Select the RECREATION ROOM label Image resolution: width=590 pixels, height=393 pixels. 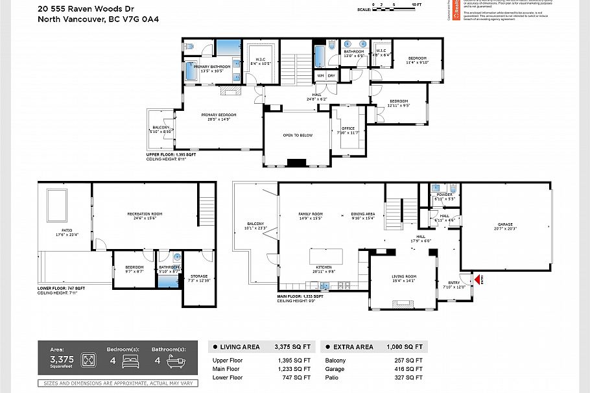pyautogui.click(x=144, y=215)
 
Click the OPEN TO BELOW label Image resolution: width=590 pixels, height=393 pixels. pyautogui.click(x=298, y=135)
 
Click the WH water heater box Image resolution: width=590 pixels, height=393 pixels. pyautogui.click(x=320, y=76)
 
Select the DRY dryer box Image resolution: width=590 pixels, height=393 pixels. pyautogui.click(x=331, y=76)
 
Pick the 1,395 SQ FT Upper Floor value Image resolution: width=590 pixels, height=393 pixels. pyautogui.click(x=294, y=361)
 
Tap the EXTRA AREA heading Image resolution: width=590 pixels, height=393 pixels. pyautogui.click(x=354, y=347)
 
